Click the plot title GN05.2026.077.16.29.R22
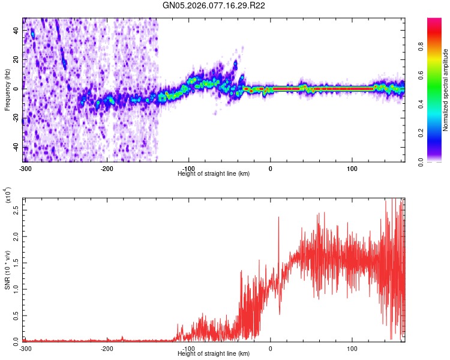(x=214, y=5)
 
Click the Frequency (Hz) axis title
(x=7, y=90)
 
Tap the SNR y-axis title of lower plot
(x=7, y=270)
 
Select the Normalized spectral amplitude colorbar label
(x=446, y=90)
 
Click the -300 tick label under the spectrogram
(x=25, y=167)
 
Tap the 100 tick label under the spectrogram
(x=352, y=167)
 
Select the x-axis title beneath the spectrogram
(x=214, y=173)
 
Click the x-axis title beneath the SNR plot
(x=214, y=353)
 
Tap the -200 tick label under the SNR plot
(x=107, y=347)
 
